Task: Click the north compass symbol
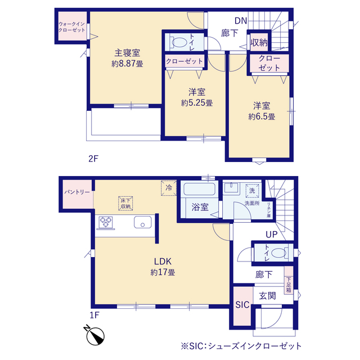(94, 335)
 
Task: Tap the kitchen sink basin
(142, 222)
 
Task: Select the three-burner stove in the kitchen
(106, 222)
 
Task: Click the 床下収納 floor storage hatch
(125, 203)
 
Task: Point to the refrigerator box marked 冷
(169, 188)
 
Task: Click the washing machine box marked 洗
(252, 191)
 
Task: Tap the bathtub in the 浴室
(199, 189)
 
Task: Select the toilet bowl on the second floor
(179, 42)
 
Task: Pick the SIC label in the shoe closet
(242, 305)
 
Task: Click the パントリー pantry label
(77, 192)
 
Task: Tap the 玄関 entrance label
(267, 296)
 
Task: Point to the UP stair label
(272, 235)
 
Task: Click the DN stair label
(241, 21)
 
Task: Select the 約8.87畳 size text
(128, 64)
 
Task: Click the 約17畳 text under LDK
(163, 272)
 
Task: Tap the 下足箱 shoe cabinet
(289, 280)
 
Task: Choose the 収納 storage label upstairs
(259, 43)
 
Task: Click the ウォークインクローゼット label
(72, 27)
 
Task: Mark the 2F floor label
(93, 159)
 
